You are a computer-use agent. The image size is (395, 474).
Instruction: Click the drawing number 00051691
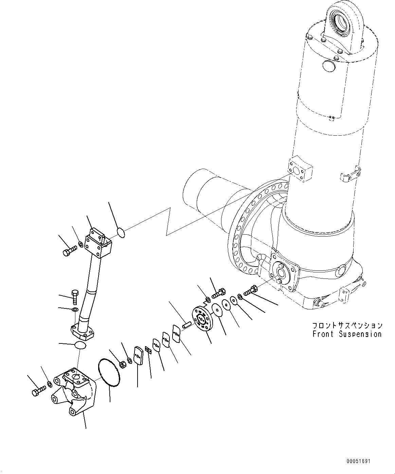click(x=358, y=461)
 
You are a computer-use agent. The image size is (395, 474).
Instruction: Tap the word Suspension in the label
click(x=360, y=334)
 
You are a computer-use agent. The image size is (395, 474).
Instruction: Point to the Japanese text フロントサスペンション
click(x=347, y=326)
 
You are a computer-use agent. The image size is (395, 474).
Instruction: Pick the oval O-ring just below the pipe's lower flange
click(x=80, y=345)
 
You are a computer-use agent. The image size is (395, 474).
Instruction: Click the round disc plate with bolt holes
click(x=202, y=319)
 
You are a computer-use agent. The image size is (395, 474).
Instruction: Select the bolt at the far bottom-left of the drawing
click(x=38, y=391)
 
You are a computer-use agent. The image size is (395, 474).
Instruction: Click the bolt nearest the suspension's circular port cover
click(x=251, y=290)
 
